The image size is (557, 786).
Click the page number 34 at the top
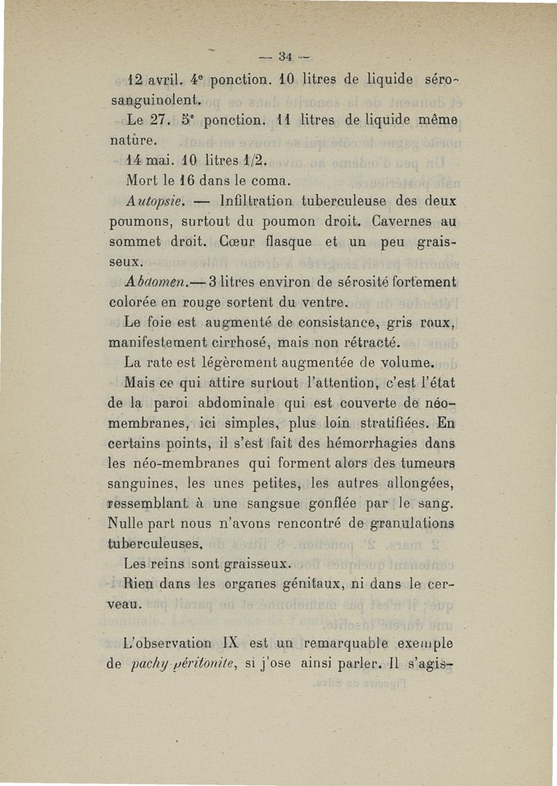283,56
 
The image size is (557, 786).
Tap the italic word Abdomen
152,282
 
